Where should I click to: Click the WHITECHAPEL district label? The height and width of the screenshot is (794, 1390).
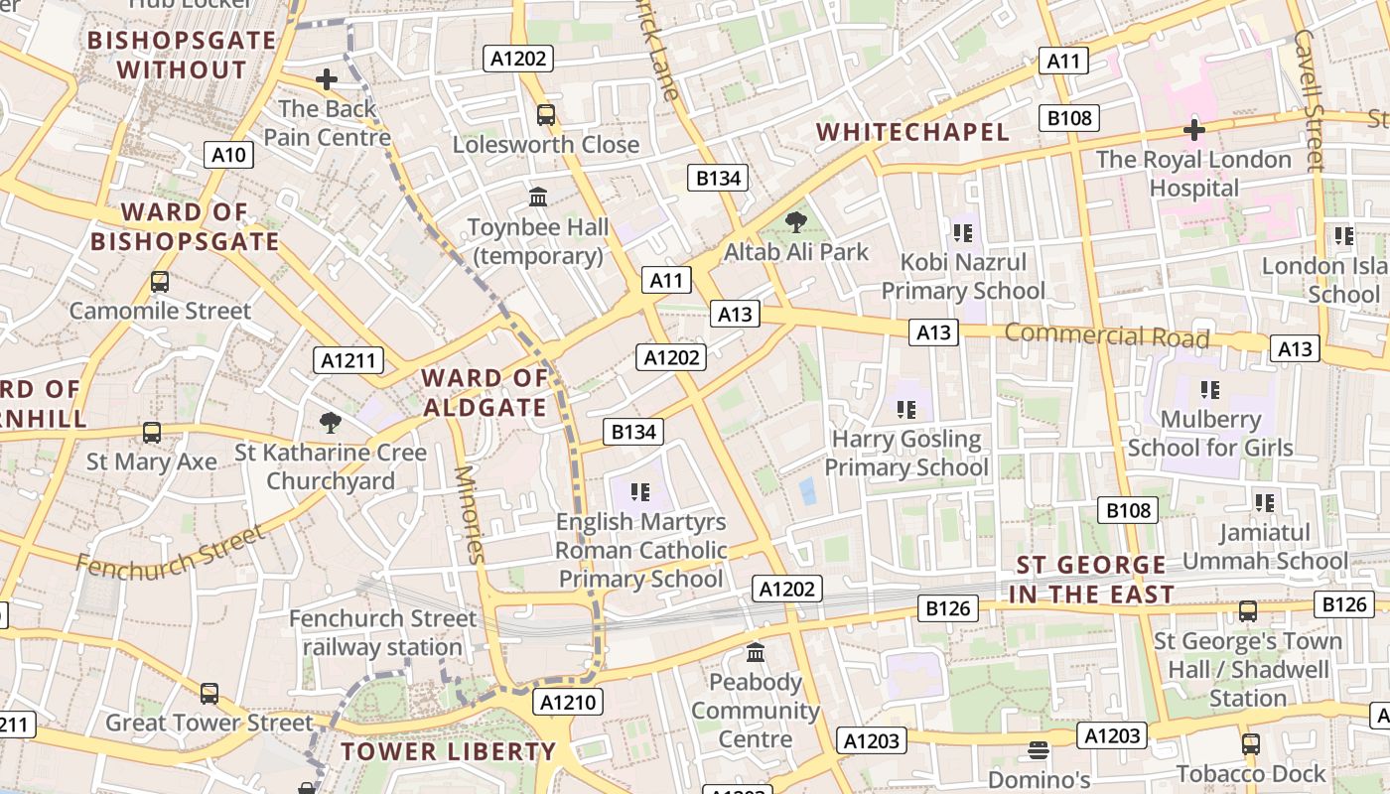click(911, 132)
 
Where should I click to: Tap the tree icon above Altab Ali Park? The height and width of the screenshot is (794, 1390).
click(795, 222)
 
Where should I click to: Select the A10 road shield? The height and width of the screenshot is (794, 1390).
click(228, 155)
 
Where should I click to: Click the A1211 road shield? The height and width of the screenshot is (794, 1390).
click(348, 360)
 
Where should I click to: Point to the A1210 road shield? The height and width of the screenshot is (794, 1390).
click(568, 703)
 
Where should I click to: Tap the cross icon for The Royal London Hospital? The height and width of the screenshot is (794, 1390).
click(1193, 130)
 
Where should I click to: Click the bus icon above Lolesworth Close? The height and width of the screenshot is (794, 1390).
click(545, 114)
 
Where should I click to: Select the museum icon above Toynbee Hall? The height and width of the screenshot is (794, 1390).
click(538, 198)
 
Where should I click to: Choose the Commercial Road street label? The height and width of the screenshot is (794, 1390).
click(1106, 335)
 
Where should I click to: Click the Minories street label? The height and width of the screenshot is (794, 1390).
click(469, 514)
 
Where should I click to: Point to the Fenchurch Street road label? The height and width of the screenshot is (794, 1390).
click(171, 552)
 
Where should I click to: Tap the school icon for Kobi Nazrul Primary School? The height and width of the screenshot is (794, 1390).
click(961, 233)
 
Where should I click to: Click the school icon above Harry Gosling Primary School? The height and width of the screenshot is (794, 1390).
click(905, 409)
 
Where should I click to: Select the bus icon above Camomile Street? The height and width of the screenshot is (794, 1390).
click(160, 282)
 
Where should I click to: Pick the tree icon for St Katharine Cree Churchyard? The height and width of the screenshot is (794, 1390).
click(331, 424)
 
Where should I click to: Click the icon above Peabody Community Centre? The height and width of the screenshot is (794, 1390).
click(755, 653)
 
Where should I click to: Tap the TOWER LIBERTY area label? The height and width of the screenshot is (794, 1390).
click(448, 751)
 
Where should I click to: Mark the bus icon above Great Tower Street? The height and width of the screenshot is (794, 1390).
click(208, 694)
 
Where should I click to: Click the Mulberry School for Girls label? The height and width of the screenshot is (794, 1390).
click(1210, 434)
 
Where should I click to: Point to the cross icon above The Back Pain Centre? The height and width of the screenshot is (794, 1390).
click(326, 79)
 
